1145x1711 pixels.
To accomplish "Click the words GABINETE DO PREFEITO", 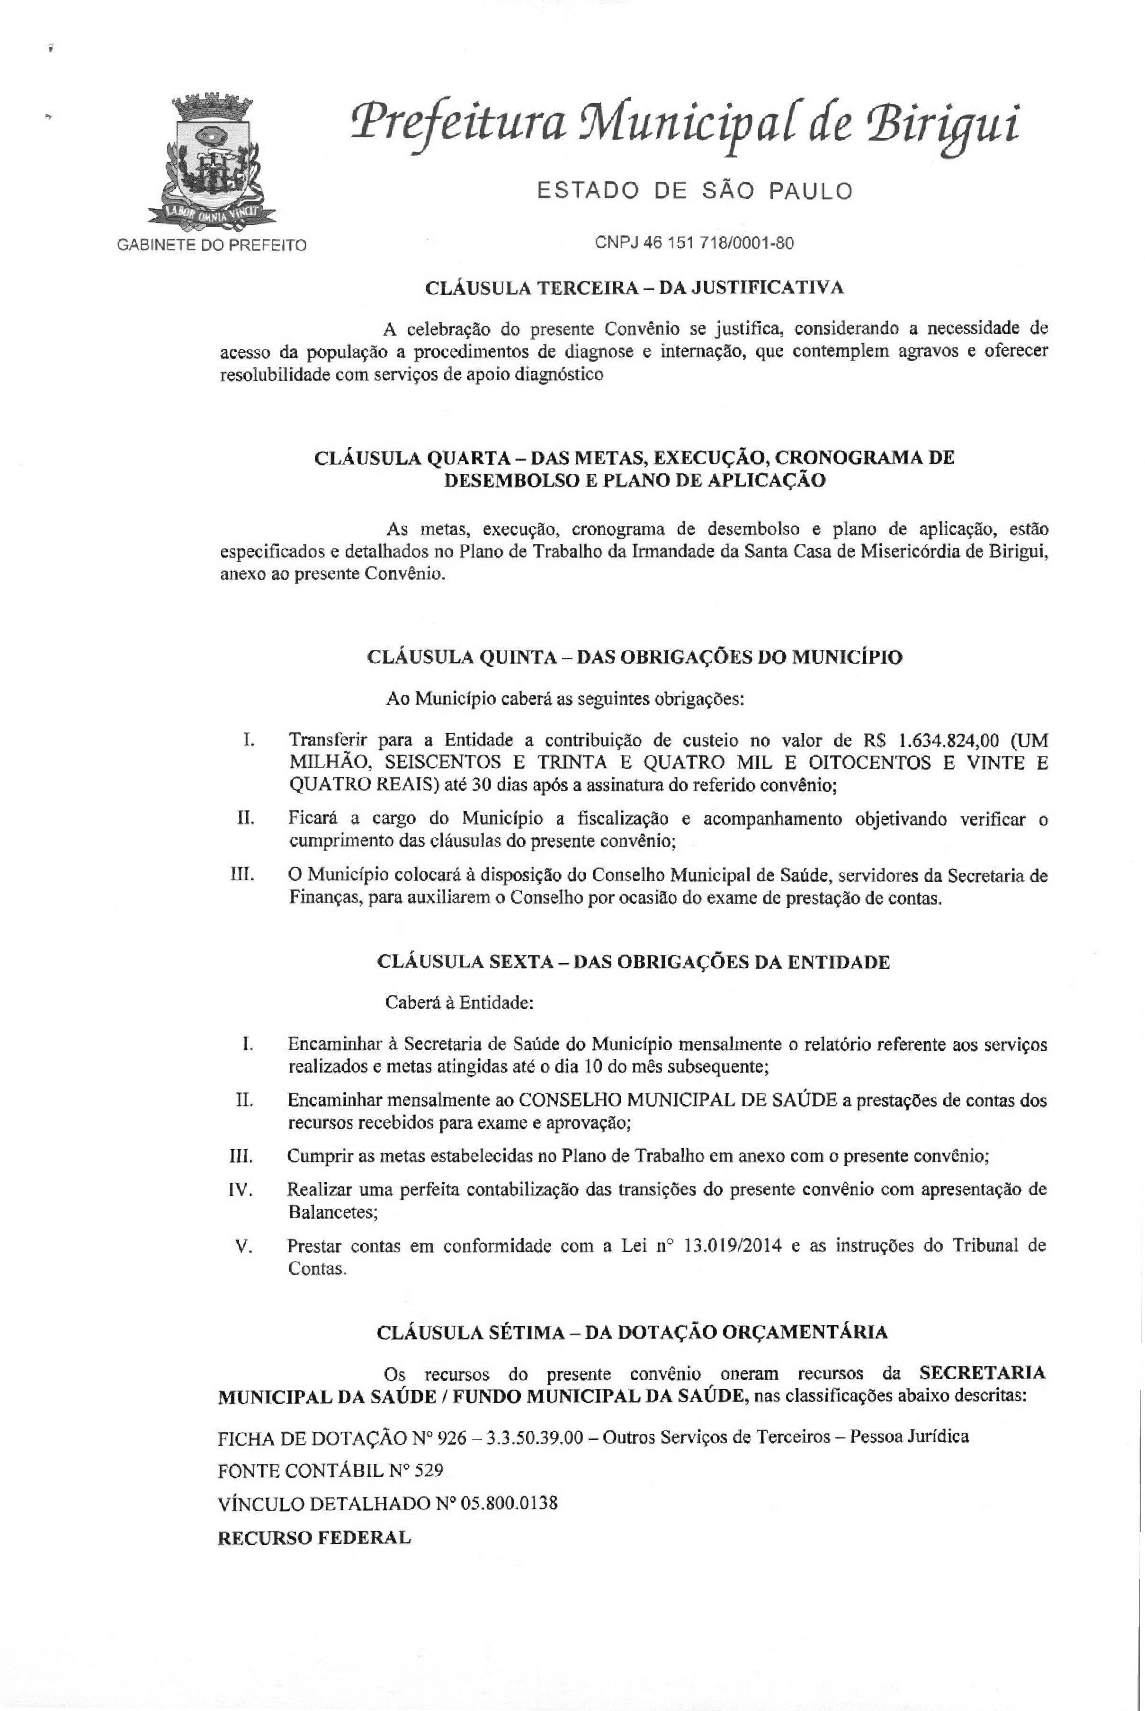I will (212, 245).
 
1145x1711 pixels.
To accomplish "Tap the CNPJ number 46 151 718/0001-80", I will (694, 243).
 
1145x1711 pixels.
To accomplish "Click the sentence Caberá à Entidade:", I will (459, 1003).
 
